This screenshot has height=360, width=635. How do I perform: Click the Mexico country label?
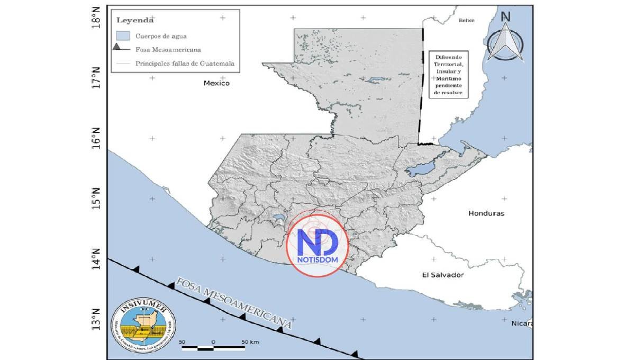[217, 83]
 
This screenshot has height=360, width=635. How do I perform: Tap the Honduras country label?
[486, 213]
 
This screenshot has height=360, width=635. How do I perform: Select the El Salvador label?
[443, 275]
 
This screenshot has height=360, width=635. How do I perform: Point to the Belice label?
[467, 20]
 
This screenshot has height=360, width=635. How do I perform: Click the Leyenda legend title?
[135, 21]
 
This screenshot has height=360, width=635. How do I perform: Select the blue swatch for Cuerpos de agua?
[123, 36]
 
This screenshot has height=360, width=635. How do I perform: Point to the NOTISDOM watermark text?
[317, 260]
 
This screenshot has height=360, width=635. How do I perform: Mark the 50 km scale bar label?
[250, 342]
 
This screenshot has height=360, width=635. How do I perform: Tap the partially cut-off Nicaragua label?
[522, 322]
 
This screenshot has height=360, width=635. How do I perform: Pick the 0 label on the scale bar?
[213, 342]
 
